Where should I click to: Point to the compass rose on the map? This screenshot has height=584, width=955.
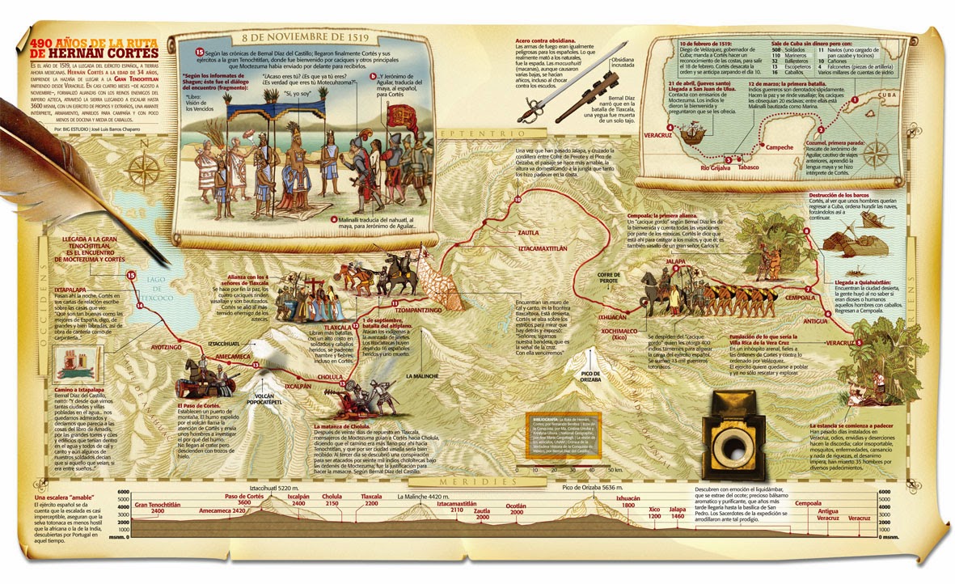tap(146, 167)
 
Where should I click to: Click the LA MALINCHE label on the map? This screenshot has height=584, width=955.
tap(421, 376)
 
